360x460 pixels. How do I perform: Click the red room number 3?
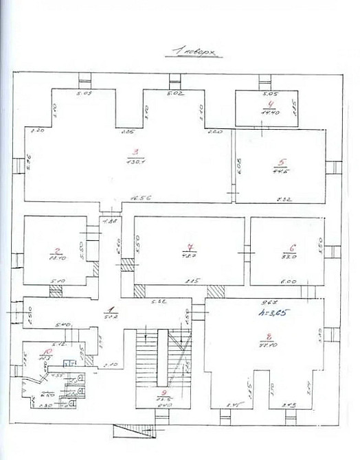tap(135, 153)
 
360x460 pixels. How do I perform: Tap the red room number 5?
tap(280, 163)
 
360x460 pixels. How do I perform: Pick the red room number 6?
tap(292, 248)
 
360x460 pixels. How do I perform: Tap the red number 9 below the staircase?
tap(164, 393)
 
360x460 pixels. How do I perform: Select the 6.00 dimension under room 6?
tap(288, 281)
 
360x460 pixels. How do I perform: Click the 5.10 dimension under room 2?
tap(59, 281)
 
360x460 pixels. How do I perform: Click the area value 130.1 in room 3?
tap(135, 162)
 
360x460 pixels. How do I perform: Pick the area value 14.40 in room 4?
tap(269, 111)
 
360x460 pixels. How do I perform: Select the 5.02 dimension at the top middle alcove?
tap(176, 93)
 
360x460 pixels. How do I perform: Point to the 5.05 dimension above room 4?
tap(269, 93)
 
